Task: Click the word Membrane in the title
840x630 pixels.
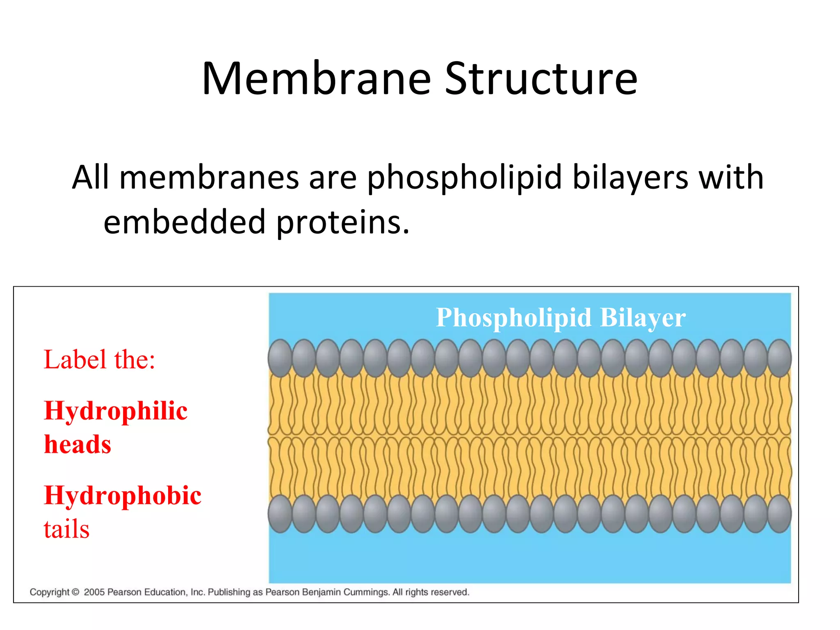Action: click(x=316, y=79)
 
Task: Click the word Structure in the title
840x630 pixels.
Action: click(x=541, y=79)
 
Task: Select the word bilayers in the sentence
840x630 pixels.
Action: click(x=630, y=177)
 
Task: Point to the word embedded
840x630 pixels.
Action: click(x=184, y=222)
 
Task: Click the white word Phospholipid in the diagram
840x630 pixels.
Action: click(x=513, y=318)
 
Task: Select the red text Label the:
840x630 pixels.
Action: click(x=99, y=360)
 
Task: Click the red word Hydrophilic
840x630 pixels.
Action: click(x=116, y=411)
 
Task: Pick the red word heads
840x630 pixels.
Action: click(x=78, y=445)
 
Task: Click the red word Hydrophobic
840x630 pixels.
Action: click(x=123, y=495)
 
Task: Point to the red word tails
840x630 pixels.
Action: click(x=66, y=529)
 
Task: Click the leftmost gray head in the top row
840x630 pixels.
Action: click(x=280, y=358)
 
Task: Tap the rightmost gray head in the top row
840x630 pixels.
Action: click(x=779, y=358)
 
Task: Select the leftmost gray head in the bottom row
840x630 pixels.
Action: click(x=280, y=514)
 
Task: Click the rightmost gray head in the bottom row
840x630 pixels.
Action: click(x=779, y=514)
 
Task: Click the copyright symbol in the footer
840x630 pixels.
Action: click(x=75, y=592)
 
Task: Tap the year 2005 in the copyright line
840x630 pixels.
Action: click(x=94, y=592)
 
